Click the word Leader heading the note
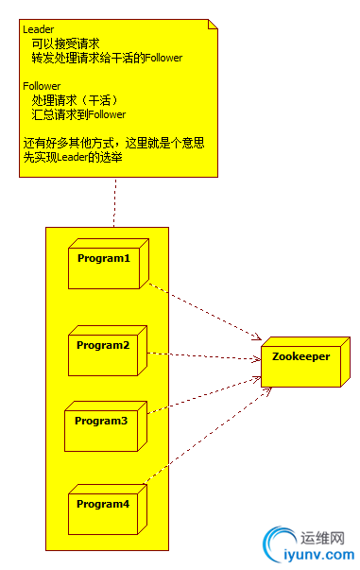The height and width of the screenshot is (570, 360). pyautogui.click(x=38, y=29)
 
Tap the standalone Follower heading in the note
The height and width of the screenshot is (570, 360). pyautogui.click(x=41, y=86)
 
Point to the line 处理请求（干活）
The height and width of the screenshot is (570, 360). pyautogui.click(x=75, y=100)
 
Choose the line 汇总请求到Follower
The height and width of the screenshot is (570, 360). pyautogui.click(x=77, y=114)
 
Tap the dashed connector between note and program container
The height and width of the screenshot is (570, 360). pyautogui.click(x=115, y=201)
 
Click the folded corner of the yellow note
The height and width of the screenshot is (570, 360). pyautogui.click(x=213, y=25)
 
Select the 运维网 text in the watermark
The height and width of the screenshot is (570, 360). pyautogui.click(x=321, y=535)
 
